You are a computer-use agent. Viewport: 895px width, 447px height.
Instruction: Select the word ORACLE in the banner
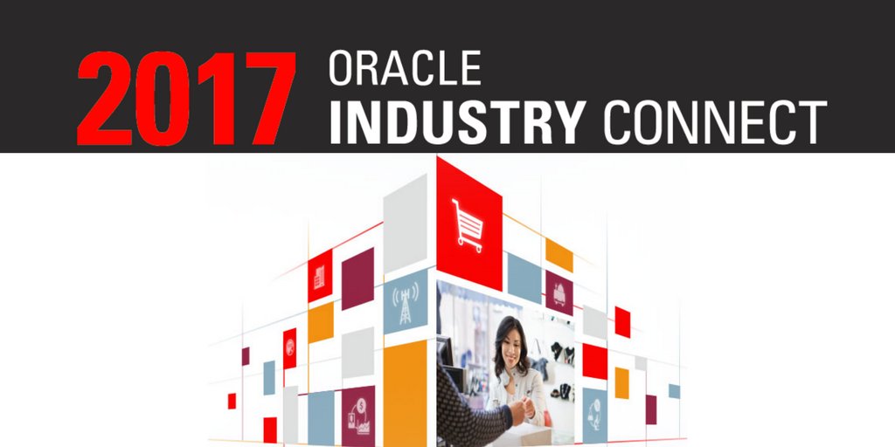coord(405,68)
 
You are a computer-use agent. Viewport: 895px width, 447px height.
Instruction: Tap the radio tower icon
coord(405,302)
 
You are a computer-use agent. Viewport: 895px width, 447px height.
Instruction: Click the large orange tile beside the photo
coord(405,393)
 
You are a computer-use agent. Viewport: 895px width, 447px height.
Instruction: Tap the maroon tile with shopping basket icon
coord(559,293)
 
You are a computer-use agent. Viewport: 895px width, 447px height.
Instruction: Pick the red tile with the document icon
coord(320,276)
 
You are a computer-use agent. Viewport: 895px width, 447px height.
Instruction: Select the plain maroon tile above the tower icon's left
coord(357,279)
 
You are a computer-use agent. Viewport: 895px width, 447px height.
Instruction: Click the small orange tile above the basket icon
coord(559,254)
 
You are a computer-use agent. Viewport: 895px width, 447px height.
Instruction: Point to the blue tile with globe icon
coord(594,410)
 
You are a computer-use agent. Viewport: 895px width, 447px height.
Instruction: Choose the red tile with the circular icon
coord(289,348)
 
